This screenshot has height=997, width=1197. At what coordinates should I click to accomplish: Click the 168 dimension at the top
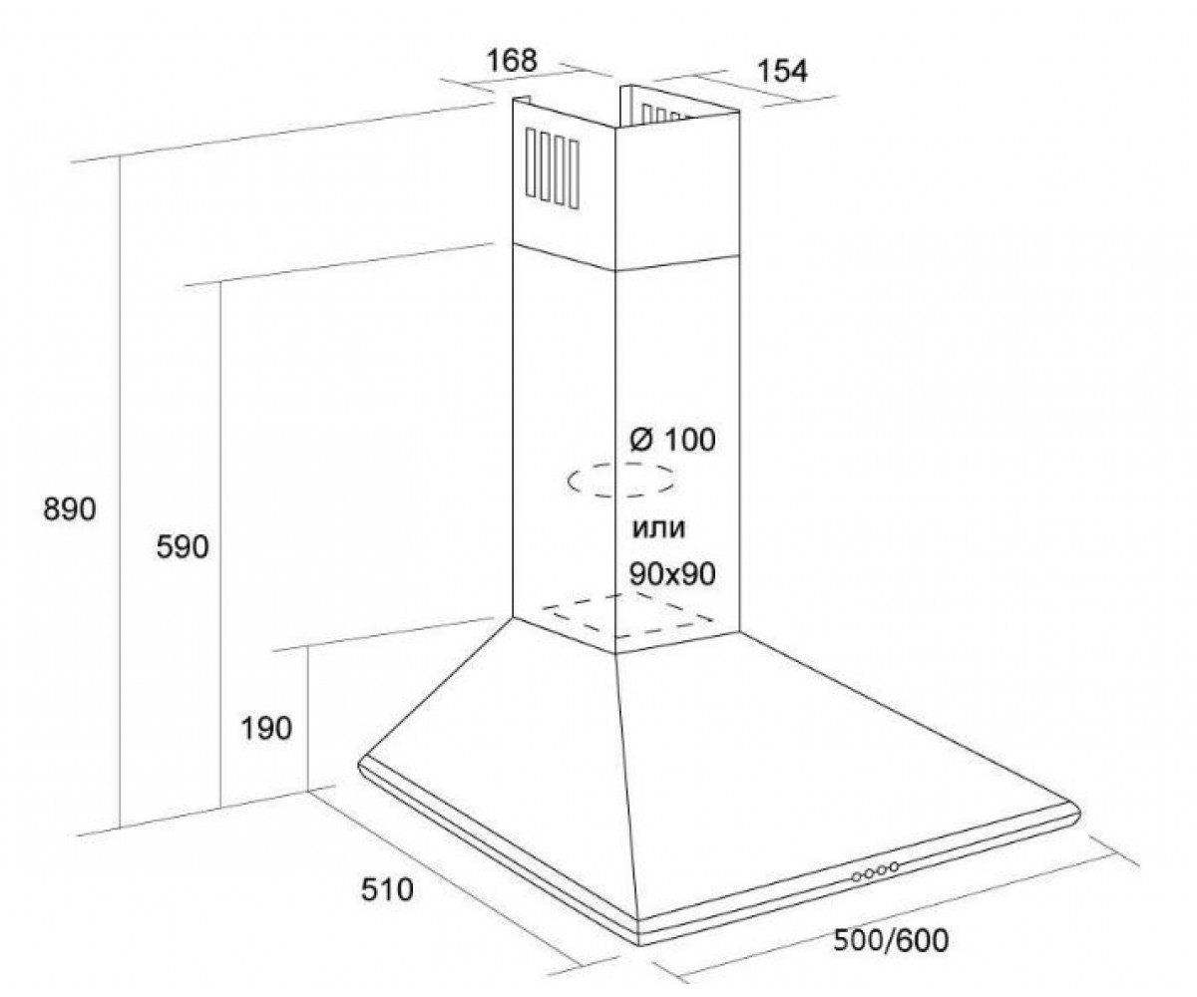click(x=512, y=61)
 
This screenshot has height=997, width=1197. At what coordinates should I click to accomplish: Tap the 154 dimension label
click(x=782, y=71)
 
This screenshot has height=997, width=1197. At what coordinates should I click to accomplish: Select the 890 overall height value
click(x=70, y=509)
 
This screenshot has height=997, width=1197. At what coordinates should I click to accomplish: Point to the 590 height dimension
click(x=183, y=547)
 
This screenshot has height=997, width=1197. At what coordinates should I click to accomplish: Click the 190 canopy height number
click(x=266, y=729)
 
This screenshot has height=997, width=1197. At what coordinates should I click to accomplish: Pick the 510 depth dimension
click(x=387, y=890)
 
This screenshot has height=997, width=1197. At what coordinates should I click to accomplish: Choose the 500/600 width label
click(x=891, y=940)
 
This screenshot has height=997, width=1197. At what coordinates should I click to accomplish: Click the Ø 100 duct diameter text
click(x=672, y=440)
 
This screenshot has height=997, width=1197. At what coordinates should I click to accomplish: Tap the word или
click(x=658, y=528)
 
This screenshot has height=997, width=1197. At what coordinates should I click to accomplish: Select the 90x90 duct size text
click(x=672, y=573)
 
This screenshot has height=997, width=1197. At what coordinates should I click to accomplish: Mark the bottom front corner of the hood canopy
click(x=639, y=944)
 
